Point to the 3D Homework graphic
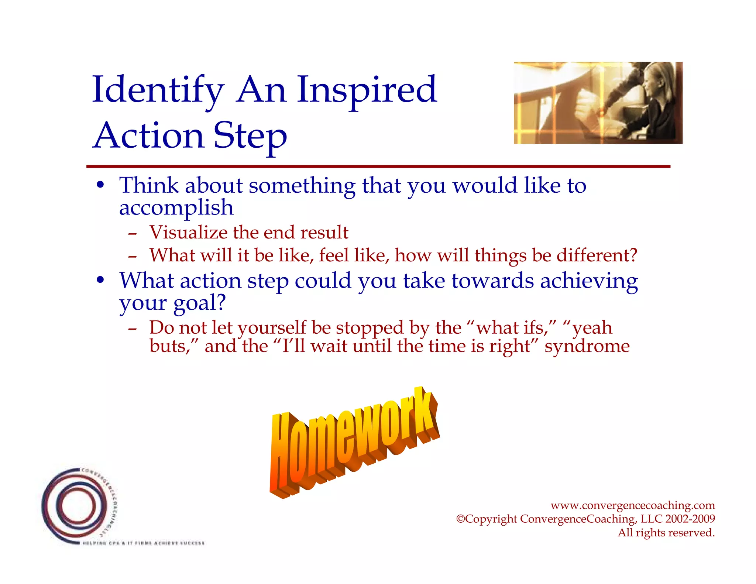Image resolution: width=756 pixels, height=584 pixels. [x=354, y=443]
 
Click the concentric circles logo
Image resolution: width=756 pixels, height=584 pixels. [x=78, y=506]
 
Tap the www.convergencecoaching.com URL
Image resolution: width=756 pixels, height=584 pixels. [x=632, y=505]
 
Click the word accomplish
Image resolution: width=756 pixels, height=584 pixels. [x=176, y=208]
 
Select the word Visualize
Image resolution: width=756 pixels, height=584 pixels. [x=188, y=233]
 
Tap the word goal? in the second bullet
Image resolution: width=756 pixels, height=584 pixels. [x=199, y=303]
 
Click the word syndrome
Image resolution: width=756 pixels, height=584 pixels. [x=587, y=346]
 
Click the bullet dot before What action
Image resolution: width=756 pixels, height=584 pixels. [x=100, y=281]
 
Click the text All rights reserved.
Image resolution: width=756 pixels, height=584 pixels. [x=666, y=533]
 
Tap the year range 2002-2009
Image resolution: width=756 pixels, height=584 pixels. [x=690, y=519]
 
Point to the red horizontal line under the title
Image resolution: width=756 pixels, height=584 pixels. [x=378, y=166]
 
